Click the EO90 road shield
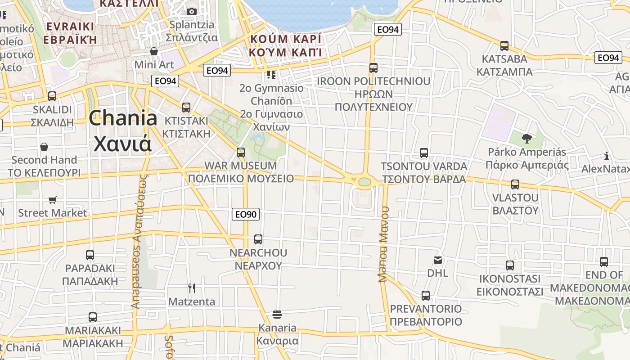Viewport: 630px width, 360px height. coord(246,214)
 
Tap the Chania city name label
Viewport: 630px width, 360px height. coord(122,131)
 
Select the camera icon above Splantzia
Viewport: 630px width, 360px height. coord(192,11)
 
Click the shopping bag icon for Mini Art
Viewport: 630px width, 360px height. coord(154,51)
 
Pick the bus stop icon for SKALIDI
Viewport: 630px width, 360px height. coord(52,96)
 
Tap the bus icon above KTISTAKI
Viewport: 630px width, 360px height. coord(186,108)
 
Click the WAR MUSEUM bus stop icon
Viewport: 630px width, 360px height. coord(241,153)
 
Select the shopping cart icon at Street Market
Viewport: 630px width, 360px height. coord(53,199)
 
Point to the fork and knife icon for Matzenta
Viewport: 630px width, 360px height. coord(192,288)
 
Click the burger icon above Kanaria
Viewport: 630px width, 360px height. coord(277,314)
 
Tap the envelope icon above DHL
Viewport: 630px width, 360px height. coord(438,260)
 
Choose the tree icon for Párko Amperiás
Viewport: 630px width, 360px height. coord(526,138)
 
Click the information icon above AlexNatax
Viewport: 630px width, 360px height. coord(607,156)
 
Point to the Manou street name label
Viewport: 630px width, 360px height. coord(383,244)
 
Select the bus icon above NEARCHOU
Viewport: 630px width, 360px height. coord(258,239)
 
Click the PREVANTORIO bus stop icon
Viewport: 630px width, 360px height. coord(426,296)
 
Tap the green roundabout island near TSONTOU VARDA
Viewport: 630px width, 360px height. coord(364,182)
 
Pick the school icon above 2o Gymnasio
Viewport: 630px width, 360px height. coord(271,75)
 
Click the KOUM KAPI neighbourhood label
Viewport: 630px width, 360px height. coord(286,45)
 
